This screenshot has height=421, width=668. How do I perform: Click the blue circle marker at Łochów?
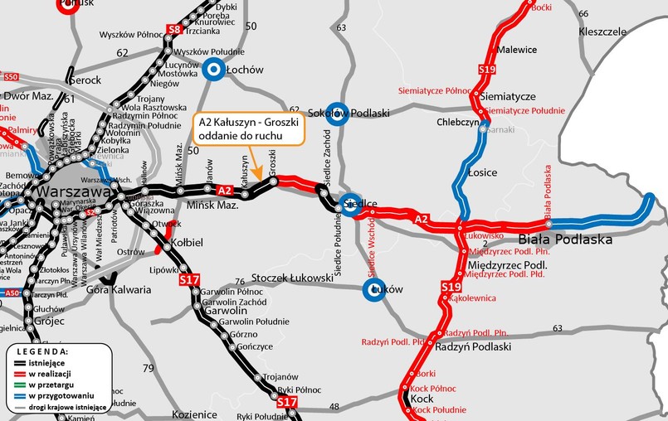[x=214, y=70]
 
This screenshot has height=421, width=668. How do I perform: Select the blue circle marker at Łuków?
[x=374, y=290]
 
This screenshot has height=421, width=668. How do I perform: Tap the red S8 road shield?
[x=173, y=31]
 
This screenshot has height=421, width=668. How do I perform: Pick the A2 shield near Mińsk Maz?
[x=223, y=191]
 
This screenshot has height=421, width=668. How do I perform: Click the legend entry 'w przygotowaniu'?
[x=59, y=396]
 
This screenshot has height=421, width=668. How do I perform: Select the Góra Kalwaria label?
[x=119, y=290]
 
